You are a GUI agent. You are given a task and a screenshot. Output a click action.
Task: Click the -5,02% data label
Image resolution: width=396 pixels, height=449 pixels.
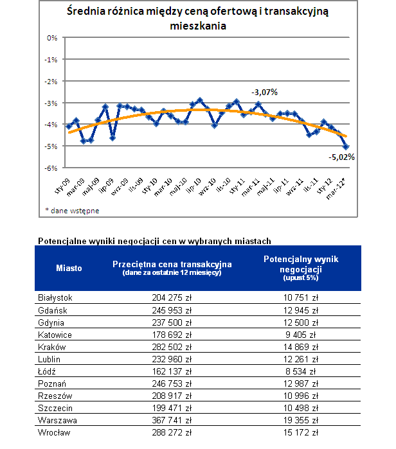pos(341,157)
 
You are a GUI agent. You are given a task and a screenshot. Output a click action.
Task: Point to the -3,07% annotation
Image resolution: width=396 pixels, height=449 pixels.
pos(264,92)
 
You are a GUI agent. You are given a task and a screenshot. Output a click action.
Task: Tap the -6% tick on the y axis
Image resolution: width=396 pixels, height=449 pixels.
pos(51,168)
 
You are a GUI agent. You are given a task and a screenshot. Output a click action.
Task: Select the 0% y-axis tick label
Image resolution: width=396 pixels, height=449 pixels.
pos(52,38)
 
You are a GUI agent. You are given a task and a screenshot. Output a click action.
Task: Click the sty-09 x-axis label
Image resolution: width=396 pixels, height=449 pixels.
pos(62,186)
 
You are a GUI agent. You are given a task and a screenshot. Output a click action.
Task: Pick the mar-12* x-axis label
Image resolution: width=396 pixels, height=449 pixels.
pos(336,188)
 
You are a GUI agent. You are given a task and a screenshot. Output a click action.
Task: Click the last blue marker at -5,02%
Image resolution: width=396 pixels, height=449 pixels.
pos(346,146)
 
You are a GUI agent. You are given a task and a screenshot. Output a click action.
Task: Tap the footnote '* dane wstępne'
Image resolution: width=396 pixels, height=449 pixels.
pos(72,211)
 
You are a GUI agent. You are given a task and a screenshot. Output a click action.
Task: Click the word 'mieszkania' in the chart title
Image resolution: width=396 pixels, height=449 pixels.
pos(198,26)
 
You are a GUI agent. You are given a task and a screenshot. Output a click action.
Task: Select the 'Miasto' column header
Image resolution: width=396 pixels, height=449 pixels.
pos(69,268)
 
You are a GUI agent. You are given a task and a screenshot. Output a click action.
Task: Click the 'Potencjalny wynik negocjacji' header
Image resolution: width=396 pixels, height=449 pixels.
pos(301,264)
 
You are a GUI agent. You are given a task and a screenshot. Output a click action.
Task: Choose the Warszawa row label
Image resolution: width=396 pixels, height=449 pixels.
pos(57,420)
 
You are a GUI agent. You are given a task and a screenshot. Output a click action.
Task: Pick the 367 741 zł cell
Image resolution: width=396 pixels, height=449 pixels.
pos(172,420)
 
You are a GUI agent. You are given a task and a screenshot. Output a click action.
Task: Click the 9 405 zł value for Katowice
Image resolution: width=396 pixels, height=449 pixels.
pos(301,335)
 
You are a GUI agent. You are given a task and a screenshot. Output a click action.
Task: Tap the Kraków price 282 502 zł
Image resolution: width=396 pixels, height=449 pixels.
pos(172,347)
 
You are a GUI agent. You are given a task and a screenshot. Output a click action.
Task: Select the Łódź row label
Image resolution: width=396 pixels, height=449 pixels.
pos(47,371)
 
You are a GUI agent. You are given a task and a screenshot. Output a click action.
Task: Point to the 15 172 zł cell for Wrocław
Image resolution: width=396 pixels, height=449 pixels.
pos(301,432)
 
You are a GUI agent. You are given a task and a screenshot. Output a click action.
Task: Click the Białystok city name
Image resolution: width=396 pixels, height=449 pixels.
pos(55,298)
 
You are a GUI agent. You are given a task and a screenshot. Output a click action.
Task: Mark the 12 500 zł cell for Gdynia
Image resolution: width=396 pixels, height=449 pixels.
pos(301,322)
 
